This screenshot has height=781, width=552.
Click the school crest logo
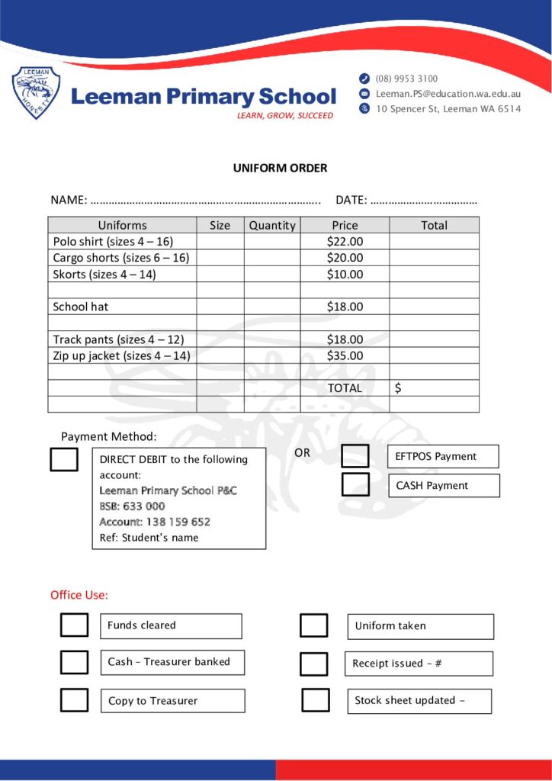pos(36,93)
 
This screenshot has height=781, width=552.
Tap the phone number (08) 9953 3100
pos(406,79)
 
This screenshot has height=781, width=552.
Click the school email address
pos(448,94)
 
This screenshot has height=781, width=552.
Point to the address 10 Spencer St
pos(448,109)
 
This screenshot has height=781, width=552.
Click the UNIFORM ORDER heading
pos(280,168)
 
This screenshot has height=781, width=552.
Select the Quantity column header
pos(272,225)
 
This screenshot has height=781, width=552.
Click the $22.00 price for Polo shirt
pos(345,242)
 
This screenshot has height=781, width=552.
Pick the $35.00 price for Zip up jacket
pos(345,355)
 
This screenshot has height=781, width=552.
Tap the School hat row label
pos(81,307)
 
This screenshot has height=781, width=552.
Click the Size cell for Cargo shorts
pos(220,258)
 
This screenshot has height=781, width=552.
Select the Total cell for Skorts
pos(434,275)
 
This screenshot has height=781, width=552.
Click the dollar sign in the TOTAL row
pos(398,388)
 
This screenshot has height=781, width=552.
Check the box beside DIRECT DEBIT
pos(64,459)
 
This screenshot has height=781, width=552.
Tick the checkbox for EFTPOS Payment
pos(355,456)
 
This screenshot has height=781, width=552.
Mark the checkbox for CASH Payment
pos(355,485)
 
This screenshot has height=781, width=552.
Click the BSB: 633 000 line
pos(132,506)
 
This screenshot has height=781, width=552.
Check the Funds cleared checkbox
pos(74,625)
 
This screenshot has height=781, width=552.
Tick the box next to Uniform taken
pos(313,625)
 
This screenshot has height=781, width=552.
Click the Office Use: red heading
pos(79,595)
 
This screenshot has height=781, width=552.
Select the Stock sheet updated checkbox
pos(315,700)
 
